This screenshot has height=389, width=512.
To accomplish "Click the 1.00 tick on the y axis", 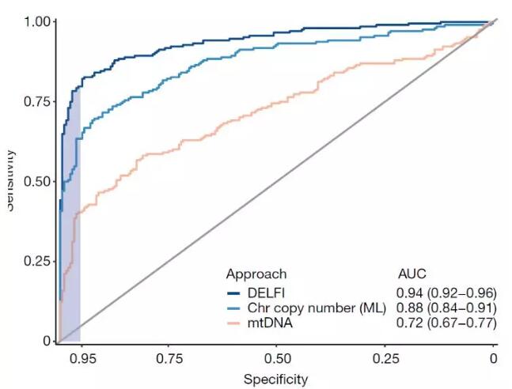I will tap(36, 21).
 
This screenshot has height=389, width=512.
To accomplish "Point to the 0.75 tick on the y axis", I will tap(36, 100).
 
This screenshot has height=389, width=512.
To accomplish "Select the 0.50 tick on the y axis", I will tap(36, 181).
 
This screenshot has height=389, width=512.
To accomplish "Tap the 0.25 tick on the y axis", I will tap(36, 261).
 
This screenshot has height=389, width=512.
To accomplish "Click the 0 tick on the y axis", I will tap(46, 341).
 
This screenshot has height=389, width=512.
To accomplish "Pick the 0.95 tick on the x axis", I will tap(82, 357).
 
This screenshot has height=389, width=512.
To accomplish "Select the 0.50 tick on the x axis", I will tap(275, 357).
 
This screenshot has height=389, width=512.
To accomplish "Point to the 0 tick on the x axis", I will tap(494, 357).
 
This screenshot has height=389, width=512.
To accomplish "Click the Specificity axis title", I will tap(275, 380).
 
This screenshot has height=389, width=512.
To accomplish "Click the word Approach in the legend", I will tap(256, 274).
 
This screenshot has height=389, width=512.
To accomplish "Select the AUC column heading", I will tap(411, 274).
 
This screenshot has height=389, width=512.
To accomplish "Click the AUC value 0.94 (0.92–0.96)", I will tap(446, 292).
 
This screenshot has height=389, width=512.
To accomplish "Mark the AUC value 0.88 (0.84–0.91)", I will tap(446, 308).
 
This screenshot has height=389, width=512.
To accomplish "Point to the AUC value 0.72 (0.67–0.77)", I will tap(446, 323).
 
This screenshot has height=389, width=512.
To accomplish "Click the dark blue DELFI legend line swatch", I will tap(233, 292).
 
